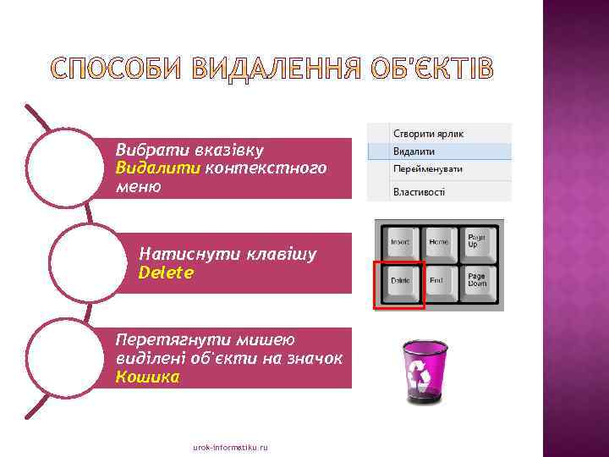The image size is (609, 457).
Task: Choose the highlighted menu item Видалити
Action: (414, 151)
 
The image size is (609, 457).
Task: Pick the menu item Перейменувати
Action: (428, 168)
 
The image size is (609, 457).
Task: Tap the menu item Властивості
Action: (419, 192)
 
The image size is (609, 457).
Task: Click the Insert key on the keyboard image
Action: (400, 243)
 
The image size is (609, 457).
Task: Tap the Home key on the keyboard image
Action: (439, 243)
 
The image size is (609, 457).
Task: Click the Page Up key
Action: (478, 241)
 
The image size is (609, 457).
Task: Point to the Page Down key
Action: (478, 281)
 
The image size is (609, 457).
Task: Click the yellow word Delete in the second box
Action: (166, 273)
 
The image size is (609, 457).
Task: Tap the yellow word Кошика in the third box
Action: (147, 377)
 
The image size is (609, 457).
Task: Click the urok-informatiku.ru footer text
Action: (230, 446)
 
